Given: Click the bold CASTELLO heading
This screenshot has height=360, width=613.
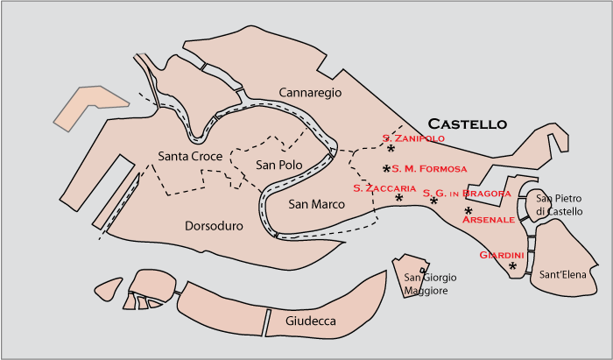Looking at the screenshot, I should (x=467, y=124).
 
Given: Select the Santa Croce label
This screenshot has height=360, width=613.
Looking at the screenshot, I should (x=190, y=156).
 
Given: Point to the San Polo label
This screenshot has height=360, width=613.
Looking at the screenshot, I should (x=278, y=165).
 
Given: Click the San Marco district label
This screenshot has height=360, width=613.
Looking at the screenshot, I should (x=316, y=203).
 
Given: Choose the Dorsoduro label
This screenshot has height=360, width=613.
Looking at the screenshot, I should (x=214, y=226).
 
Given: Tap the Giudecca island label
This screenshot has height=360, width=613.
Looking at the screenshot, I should (x=311, y=321).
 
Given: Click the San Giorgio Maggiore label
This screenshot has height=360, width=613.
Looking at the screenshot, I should (x=430, y=284).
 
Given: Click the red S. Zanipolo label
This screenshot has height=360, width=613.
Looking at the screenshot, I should (x=413, y=138).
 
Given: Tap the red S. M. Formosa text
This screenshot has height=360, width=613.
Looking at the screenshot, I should (x=429, y=168).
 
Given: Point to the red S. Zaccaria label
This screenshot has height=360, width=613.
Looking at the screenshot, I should (x=384, y=187).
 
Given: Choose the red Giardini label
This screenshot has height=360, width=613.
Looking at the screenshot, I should (x=502, y=255).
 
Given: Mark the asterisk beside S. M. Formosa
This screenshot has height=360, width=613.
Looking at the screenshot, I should (x=386, y=168).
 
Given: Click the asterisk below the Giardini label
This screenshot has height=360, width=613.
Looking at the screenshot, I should (x=513, y=266).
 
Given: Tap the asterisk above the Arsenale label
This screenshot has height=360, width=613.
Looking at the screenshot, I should (x=469, y=210).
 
